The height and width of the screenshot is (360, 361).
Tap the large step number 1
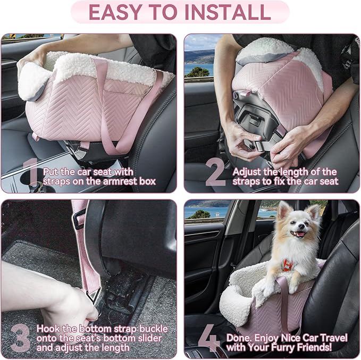[32, 173]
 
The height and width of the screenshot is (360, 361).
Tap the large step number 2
[215, 173]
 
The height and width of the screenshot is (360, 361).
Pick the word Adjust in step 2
[246, 172]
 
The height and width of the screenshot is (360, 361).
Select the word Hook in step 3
[47, 328]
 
